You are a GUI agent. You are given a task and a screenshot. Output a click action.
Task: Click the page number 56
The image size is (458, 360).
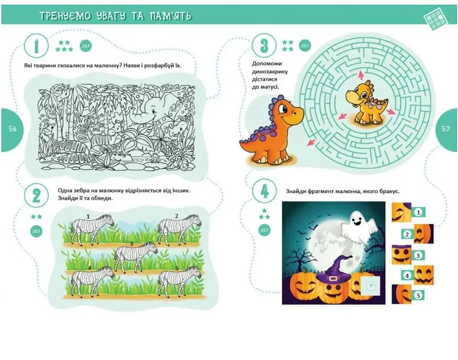pyautogui.click(x=13, y=129)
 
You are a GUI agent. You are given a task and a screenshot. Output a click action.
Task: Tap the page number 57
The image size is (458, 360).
pyautogui.click(x=446, y=129)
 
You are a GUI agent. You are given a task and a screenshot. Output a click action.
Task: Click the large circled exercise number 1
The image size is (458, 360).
pyautogui.click(x=36, y=46)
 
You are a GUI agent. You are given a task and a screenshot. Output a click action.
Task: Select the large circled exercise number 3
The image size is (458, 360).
pyautogui.click(x=264, y=45)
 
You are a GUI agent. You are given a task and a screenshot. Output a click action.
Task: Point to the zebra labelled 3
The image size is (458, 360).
pyautogui.click(x=136, y=256)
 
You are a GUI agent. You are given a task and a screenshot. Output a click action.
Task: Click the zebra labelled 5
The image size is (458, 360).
pyautogui.click(x=179, y=281)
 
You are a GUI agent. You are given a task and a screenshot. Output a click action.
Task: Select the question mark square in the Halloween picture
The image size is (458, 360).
pyautogui.click(x=371, y=286)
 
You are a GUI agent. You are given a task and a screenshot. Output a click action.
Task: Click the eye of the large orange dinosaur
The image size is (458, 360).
pyautogui.click(x=283, y=109)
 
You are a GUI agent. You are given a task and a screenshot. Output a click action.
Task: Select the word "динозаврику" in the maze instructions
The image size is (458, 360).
pyautogui.click(x=270, y=72)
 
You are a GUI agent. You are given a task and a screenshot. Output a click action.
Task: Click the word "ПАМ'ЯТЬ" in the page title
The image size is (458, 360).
pyautogui.click(x=170, y=16)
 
